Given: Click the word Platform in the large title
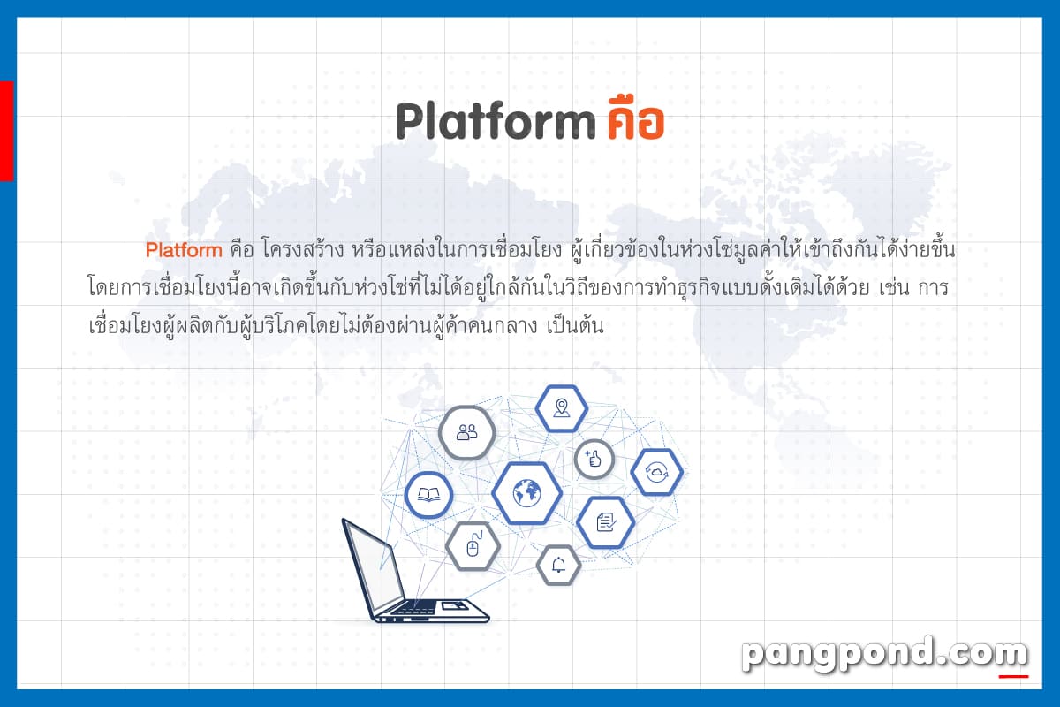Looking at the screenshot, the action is click(x=496, y=121).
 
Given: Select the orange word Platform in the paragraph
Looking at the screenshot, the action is click(x=184, y=250).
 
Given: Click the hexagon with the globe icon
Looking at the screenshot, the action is click(x=526, y=493).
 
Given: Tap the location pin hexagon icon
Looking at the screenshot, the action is click(x=562, y=408).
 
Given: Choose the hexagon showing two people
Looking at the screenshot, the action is click(x=467, y=432).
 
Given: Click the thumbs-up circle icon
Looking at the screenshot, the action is click(x=594, y=459).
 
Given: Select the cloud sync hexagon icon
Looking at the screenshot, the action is click(x=657, y=472).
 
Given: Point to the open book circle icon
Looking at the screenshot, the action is click(x=428, y=495).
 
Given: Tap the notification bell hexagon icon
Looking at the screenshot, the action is click(x=558, y=565).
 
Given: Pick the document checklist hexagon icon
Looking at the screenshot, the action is click(x=606, y=522).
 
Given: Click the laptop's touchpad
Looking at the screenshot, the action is click(x=454, y=605).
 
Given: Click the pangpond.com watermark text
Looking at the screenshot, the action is click(x=885, y=653).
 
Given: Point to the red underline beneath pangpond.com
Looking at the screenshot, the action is click(x=1014, y=677).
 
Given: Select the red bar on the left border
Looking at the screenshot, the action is click(x=7, y=131).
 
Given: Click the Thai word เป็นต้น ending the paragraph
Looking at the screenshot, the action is click(x=575, y=325).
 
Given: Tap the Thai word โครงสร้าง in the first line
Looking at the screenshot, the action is click(x=302, y=249).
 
